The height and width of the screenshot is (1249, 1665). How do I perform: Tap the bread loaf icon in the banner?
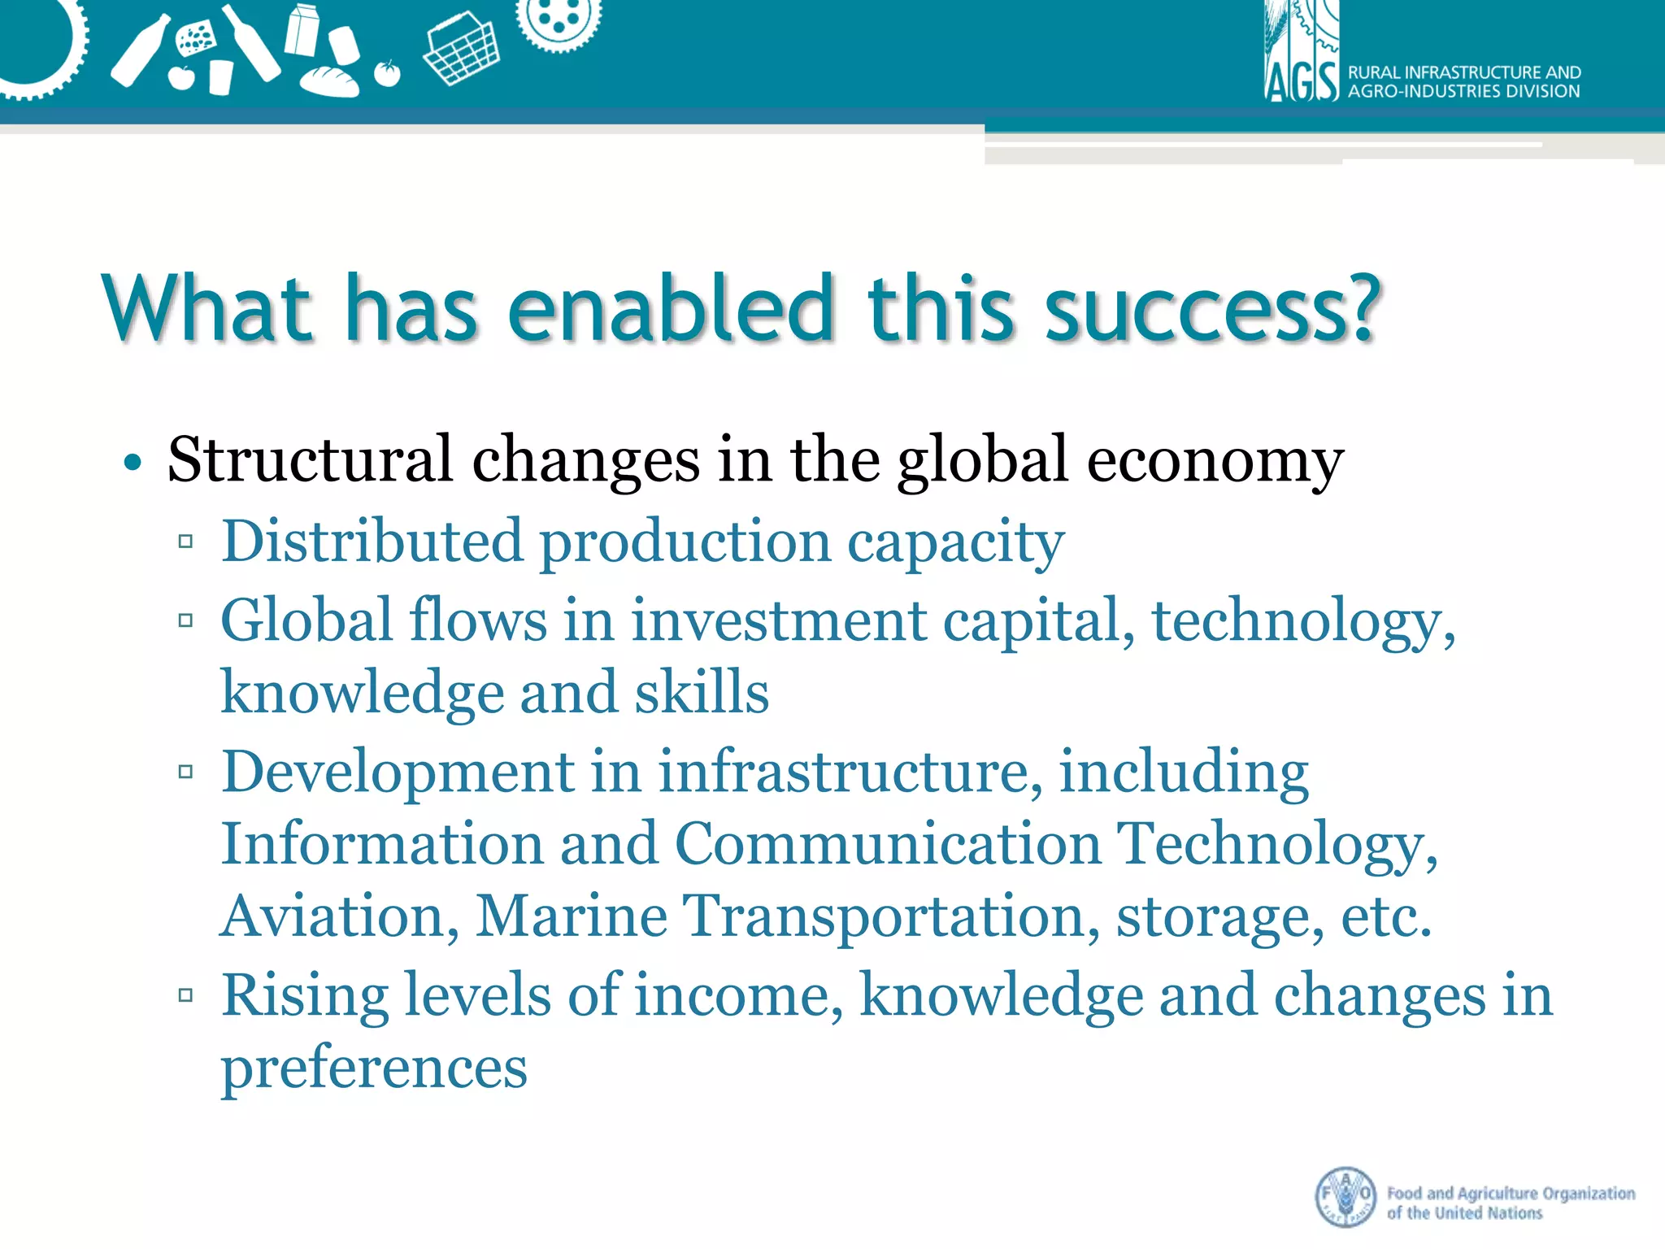(329, 81)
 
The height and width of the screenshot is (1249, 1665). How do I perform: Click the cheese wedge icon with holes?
(196, 39)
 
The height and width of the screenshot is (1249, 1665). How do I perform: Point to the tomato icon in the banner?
(388, 73)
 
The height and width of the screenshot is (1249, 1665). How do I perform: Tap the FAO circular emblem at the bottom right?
(1345, 1196)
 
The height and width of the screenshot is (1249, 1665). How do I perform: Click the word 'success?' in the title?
(1211, 309)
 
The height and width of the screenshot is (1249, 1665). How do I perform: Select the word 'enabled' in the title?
(671, 309)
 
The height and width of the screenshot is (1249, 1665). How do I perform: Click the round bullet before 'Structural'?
(133, 463)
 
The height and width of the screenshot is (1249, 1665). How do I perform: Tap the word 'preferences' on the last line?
(374, 1068)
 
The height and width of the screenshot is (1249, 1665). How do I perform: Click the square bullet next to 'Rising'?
(186, 994)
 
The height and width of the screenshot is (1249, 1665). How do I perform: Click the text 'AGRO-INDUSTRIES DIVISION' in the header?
(1463, 91)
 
